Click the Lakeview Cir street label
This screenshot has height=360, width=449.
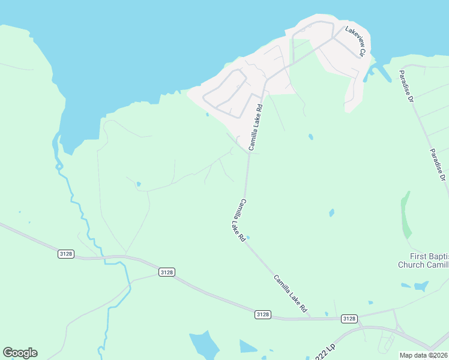coord(354,41)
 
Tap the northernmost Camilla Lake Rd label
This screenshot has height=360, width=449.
coord(256,128)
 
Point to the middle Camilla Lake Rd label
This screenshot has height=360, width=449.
coord(236,220)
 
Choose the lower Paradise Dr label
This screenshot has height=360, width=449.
coord(436,165)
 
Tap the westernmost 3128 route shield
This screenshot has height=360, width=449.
coord(66,254)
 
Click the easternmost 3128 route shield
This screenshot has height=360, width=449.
coord(349,319)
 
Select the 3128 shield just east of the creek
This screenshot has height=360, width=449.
coord(167,272)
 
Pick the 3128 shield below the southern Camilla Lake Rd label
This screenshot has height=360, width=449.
coord(262,314)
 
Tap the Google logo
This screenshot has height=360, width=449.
coord(20,353)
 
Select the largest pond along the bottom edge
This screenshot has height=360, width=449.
coord(205,345)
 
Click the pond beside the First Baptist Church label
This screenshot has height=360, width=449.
coord(421,287)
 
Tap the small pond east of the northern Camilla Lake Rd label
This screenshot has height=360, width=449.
coord(310,137)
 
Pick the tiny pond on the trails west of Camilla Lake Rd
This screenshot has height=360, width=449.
coord(139,184)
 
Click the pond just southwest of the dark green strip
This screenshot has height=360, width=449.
coord(331,212)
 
